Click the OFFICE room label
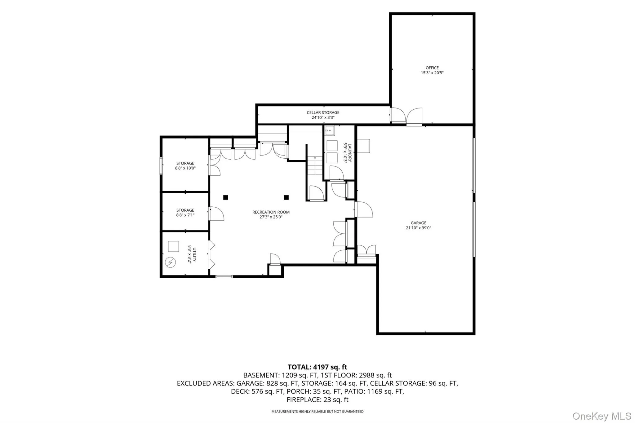[x=432, y=68]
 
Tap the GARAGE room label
[x=418, y=223]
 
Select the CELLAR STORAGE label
[x=323, y=112]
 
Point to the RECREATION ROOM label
[x=271, y=212]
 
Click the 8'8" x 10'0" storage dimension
[x=185, y=168]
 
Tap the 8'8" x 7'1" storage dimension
[x=185, y=215]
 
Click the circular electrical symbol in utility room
[x=170, y=262]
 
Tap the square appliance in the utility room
[x=173, y=246]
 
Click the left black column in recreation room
[x=226, y=197]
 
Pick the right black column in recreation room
[x=286, y=197]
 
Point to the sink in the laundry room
[x=329, y=130]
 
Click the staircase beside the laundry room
[x=315, y=166]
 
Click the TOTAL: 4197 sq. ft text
[x=317, y=367]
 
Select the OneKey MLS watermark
[x=602, y=416]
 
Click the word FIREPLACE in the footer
[x=304, y=400]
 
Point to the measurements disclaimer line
[x=317, y=412]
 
